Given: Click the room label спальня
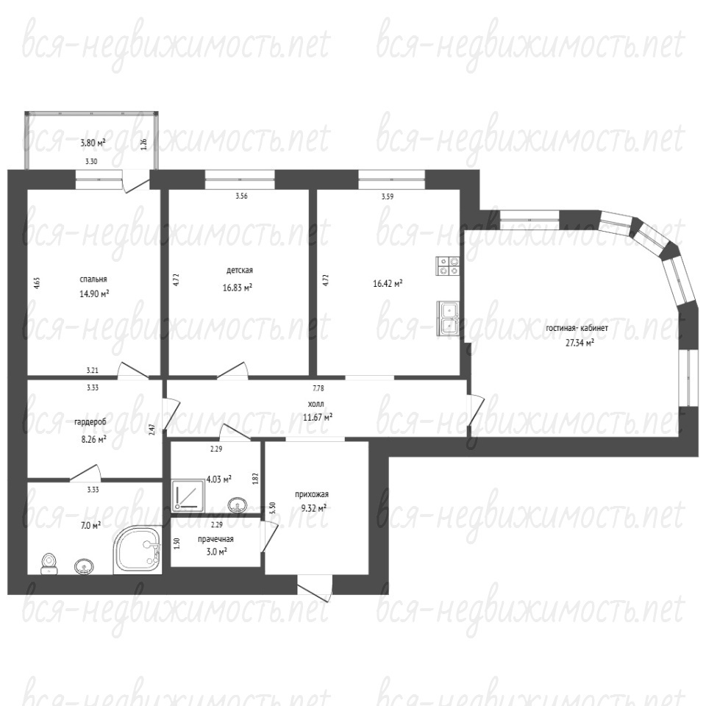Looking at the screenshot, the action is click(93, 279).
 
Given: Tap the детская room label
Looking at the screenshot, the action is click(239, 270).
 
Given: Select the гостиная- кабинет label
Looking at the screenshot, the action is click(577, 328).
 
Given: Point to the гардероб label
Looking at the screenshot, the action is click(90, 422).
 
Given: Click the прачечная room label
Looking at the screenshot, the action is click(215, 539).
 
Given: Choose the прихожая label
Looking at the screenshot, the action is click(312, 494).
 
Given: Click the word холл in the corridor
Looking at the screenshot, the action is click(318, 404).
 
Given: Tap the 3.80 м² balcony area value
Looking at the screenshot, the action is click(93, 143).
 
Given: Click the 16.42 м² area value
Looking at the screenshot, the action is click(388, 283).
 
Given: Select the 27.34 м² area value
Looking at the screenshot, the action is click(580, 343).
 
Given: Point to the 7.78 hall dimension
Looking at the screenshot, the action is click(318, 388).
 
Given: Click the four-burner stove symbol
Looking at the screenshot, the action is click(448, 265).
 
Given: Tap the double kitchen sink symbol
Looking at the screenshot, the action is click(448, 318).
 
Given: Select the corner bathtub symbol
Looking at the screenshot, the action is click(137, 550).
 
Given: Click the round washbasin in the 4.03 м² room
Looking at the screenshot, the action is click(238, 504).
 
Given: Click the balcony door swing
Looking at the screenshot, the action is click(136, 182).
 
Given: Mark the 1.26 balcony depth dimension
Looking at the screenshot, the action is click(144, 144).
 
